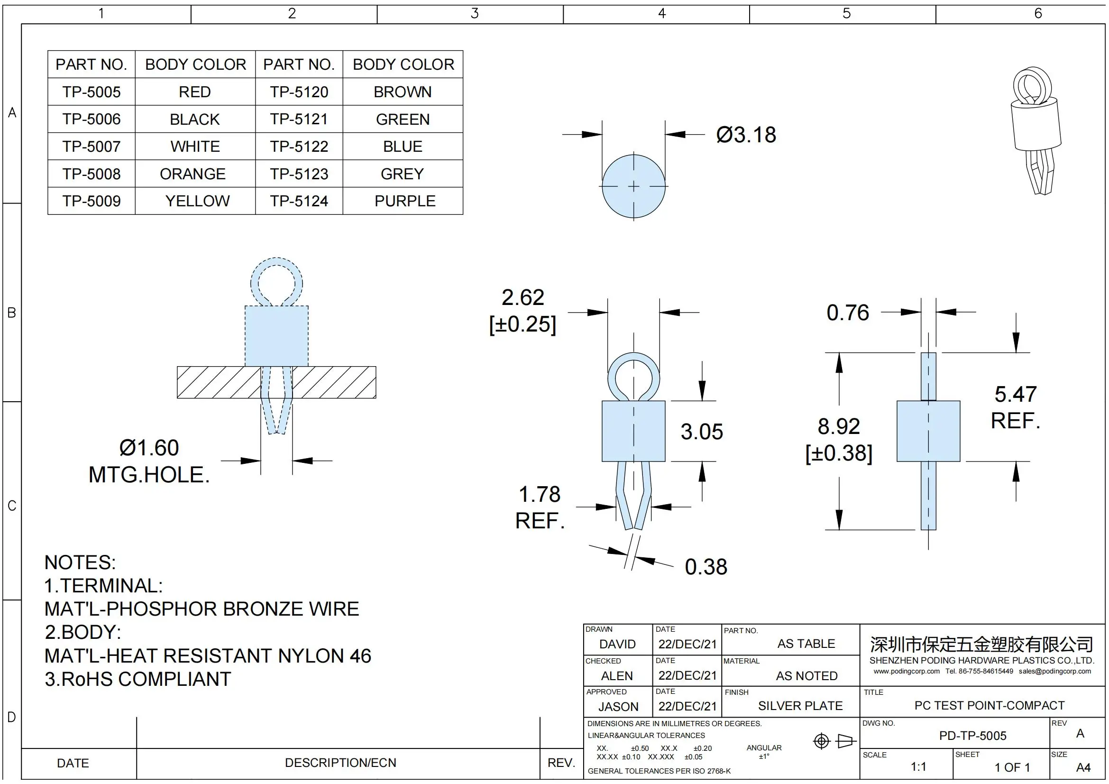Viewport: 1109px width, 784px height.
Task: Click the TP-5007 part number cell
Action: (x=92, y=147)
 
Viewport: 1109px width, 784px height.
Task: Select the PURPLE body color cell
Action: (x=404, y=201)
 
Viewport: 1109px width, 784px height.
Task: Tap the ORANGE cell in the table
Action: (x=192, y=174)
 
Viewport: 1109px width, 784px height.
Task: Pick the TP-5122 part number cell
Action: (x=299, y=147)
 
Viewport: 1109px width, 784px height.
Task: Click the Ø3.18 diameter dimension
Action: (x=746, y=135)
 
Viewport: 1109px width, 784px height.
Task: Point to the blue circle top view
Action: (x=633, y=186)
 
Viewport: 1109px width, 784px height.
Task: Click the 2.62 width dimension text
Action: (x=522, y=297)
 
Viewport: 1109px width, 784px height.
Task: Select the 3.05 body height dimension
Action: (x=701, y=432)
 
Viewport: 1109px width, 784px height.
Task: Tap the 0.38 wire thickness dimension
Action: (x=706, y=567)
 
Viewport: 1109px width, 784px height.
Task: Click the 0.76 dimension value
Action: (x=847, y=313)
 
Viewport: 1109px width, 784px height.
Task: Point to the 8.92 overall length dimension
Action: (x=839, y=427)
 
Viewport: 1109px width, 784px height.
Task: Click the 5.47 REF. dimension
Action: (x=1015, y=407)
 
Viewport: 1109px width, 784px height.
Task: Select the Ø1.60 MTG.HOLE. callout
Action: (x=149, y=461)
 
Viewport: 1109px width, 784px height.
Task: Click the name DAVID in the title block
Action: (x=617, y=644)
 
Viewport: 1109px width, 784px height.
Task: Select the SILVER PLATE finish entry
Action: (x=800, y=706)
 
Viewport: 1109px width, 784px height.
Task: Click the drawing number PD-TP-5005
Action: (x=972, y=736)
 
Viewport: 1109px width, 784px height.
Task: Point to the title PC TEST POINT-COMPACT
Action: (x=989, y=705)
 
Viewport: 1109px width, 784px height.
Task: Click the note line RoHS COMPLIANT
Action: (x=138, y=679)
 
